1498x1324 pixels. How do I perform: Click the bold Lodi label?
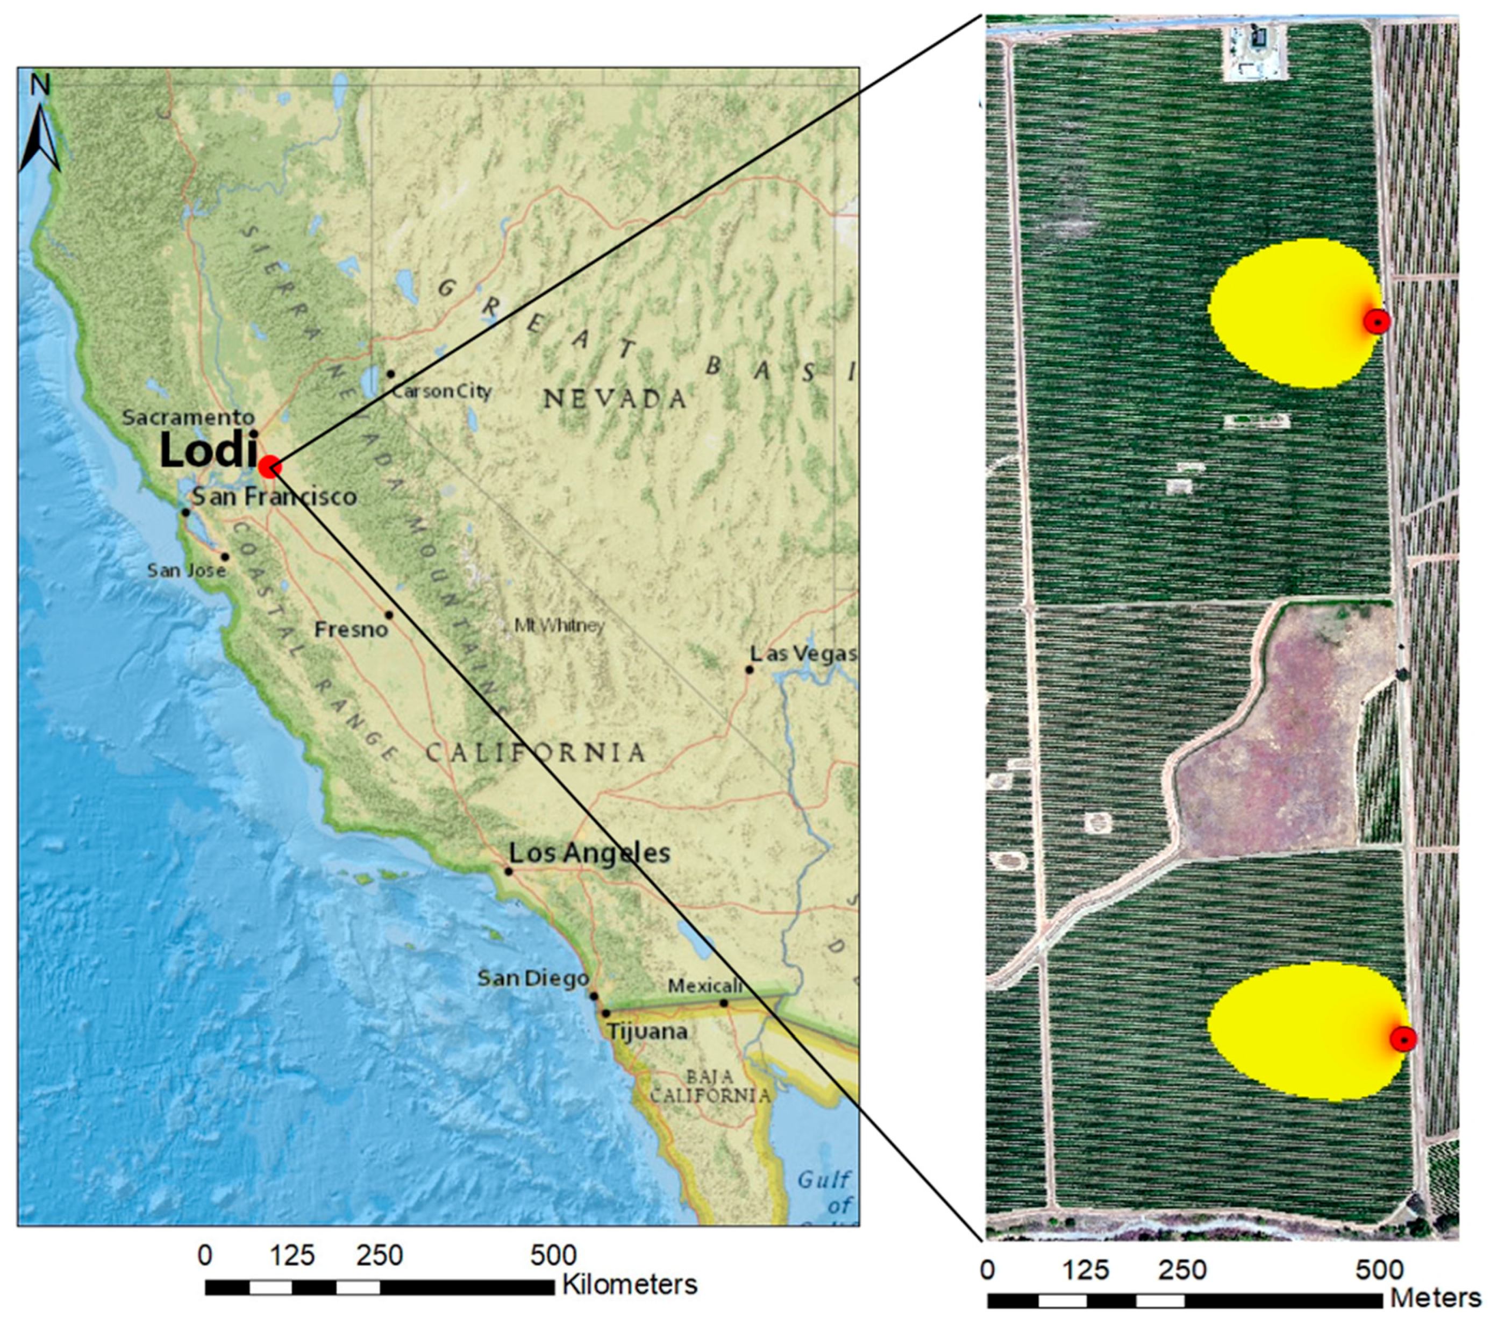point(208,450)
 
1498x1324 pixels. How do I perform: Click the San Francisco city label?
point(274,496)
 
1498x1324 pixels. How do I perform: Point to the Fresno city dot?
point(389,615)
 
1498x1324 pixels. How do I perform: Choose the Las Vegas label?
point(803,653)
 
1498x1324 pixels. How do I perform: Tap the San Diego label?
point(533,978)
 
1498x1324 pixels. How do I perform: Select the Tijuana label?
point(646,1031)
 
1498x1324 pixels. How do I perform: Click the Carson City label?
point(441,391)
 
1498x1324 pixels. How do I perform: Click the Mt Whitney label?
point(559,625)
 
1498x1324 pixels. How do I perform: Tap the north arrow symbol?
point(40,132)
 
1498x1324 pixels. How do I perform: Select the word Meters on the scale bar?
point(1436,1298)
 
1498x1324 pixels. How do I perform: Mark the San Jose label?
point(186,570)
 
